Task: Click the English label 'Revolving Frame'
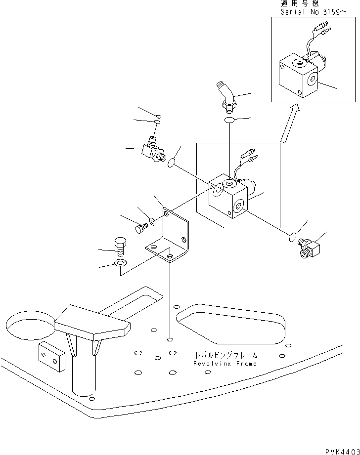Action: [225, 364]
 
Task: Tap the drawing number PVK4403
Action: [342, 449]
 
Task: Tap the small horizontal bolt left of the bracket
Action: [141, 228]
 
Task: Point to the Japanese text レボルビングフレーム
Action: [225, 355]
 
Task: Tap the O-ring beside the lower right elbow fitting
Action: [292, 239]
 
